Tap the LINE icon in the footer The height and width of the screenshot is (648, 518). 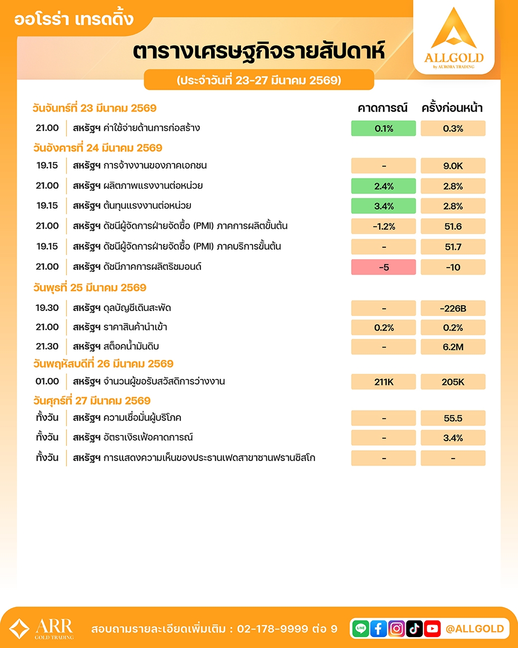[x=361, y=629]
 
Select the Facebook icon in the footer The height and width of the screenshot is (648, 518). [x=379, y=629]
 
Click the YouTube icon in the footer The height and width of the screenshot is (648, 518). [x=432, y=629]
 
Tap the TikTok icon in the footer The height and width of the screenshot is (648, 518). [x=414, y=629]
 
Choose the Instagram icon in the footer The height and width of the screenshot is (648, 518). [x=396, y=629]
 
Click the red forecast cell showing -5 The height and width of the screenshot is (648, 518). [x=384, y=267]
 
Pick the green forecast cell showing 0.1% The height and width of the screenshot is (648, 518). [x=384, y=129]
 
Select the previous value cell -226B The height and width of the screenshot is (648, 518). [x=453, y=309]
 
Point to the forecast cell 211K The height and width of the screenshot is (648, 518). [x=384, y=382]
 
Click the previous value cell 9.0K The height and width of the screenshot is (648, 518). [x=453, y=166]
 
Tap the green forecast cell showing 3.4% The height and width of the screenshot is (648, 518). [x=384, y=206]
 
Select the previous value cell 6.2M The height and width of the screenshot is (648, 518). [x=453, y=347]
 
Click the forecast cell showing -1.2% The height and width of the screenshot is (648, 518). [x=384, y=227]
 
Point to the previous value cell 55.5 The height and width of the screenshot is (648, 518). [x=453, y=418]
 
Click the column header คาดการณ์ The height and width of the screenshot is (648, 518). [x=383, y=108]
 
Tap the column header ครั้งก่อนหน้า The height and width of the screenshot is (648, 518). [x=452, y=108]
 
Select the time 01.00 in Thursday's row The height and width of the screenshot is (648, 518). [x=47, y=381]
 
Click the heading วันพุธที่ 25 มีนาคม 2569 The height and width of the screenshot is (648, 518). [x=90, y=288]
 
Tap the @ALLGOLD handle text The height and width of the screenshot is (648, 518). [x=475, y=629]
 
